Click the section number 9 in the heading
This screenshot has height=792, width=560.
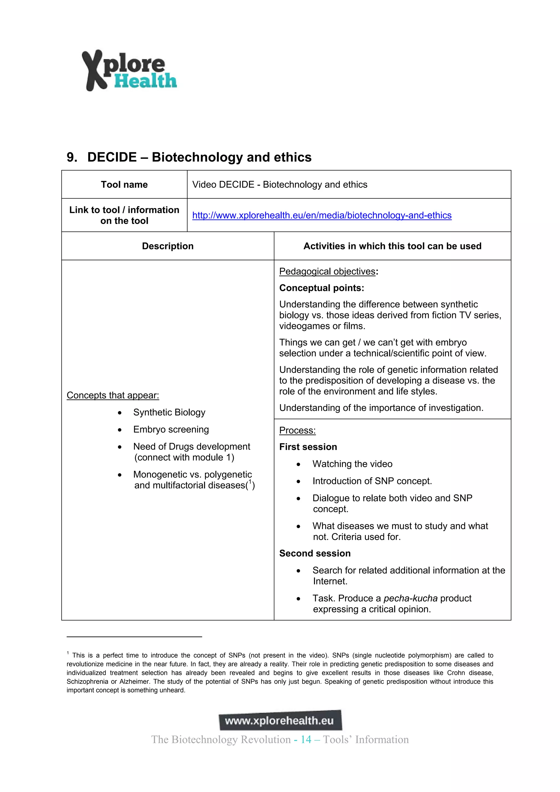(71, 157)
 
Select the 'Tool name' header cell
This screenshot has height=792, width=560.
(124, 185)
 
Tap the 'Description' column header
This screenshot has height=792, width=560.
(168, 246)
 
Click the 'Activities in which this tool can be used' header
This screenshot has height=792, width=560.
(392, 246)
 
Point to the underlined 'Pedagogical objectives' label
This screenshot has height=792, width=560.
(327, 271)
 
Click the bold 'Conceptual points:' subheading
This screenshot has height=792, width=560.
(322, 288)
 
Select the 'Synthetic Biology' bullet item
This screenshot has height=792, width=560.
(169, 412)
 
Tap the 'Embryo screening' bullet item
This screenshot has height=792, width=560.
(171, 429)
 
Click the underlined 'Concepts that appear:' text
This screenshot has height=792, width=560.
(113, 395)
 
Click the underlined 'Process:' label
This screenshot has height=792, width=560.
(297, 431)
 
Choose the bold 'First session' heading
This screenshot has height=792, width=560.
(308, 447)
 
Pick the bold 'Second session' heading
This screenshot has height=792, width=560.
(315, 553)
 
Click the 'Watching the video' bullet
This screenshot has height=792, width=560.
(352, 464)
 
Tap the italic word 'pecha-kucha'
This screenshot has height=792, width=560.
(410, 598)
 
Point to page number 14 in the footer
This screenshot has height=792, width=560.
(306, 740)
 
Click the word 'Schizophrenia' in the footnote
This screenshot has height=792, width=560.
(87, 682)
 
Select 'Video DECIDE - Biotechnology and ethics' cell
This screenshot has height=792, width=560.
(280, 185)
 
